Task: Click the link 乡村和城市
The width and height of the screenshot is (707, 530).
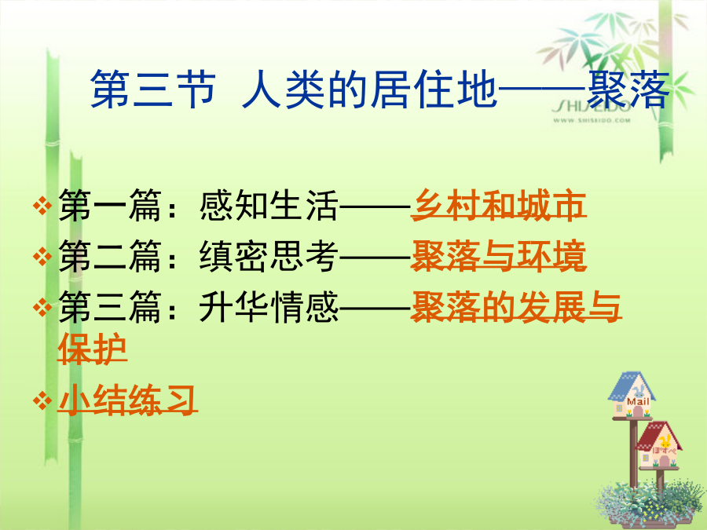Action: (x=498, y=205)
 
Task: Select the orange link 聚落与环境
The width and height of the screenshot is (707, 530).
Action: (x=498, y=256)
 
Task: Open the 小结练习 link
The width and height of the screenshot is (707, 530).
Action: (x=127, y=400)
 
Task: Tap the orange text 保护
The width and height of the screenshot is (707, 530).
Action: (x=93, y=349)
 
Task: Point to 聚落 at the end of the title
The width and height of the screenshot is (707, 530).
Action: (x=628, y=90)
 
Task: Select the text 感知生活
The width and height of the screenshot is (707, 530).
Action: (x=269, y=206)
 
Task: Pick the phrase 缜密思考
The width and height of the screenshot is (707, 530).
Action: (x=269, y=256)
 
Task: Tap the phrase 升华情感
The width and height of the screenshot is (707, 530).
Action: (x=269, y=307)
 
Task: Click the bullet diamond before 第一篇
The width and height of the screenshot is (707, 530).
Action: (x=42, y=206)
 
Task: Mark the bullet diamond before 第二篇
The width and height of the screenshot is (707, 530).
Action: (x=42, y=257)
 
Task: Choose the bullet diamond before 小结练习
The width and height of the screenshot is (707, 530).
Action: (x=42, y=400)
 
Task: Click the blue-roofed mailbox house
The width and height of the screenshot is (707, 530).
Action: (x=632, y=394)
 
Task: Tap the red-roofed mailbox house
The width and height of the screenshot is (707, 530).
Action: (x=659, y=445)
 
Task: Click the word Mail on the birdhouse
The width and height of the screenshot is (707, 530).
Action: (x=638, y=401)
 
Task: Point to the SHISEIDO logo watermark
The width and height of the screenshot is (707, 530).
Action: (x=591, y=107)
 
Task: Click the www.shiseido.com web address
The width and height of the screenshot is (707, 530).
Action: (x=592, y=120)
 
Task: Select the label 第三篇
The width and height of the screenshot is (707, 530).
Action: (x=110, y=307)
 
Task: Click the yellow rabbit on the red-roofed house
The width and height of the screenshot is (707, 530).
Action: (x=665, y=441)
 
